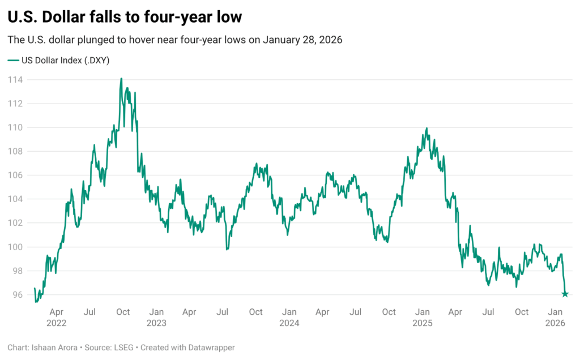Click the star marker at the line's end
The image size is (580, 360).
(x=565, y=294)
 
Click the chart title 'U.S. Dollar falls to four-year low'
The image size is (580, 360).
(x=125, y=17)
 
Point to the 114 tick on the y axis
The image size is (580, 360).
(x=15, y=80)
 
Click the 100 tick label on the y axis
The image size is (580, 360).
(x=15, y=247)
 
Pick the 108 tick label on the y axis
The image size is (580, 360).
(x=15, y=152)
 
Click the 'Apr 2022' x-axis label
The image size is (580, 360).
(x=57, y=318)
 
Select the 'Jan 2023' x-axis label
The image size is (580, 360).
(x=156, y=318)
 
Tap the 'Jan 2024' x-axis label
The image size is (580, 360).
(x=289, y=318)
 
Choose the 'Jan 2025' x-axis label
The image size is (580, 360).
(x=422, y=318)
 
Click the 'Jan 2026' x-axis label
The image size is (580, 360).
(x=555, y=318)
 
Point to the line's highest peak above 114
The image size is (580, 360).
(x=121, y=79)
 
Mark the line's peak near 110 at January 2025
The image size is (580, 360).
(x=427, y=128)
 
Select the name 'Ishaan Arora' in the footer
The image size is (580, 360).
(x=52, y=348)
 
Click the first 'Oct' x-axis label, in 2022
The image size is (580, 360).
(x=123, y=312)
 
